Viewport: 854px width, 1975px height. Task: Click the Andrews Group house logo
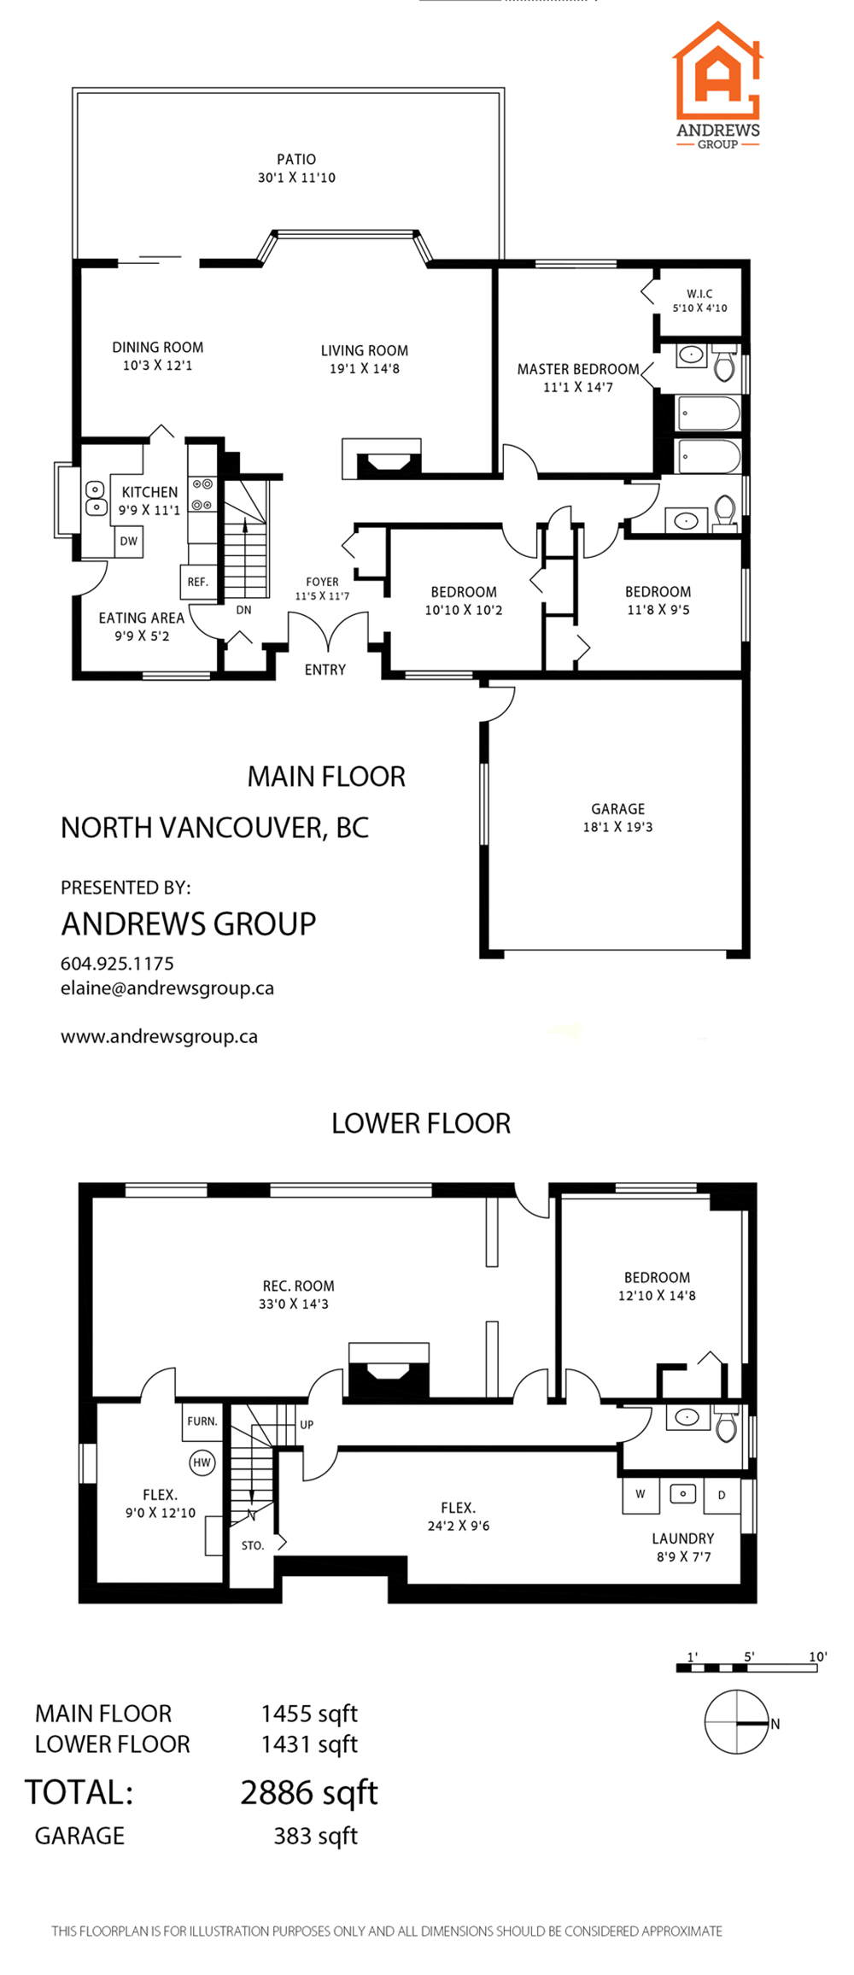717,72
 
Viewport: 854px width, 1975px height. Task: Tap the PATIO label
296,159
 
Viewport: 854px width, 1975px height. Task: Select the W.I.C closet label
699,294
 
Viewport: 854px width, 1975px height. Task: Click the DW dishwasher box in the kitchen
129,542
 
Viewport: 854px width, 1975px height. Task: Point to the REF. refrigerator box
197,582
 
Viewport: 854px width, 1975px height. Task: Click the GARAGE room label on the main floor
618,809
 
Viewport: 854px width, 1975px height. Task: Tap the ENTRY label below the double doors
325,670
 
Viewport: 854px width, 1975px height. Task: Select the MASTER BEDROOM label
578,369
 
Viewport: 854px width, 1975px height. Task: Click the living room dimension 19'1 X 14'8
365,369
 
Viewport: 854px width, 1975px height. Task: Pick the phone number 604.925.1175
117,964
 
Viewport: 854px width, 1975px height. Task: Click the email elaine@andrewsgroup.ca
167,988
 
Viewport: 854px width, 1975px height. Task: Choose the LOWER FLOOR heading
421,1123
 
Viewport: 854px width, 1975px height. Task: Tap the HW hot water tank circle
202,1462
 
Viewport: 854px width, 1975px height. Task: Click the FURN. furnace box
202,1421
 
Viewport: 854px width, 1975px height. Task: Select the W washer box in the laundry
640,1494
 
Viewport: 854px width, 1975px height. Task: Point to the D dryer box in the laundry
722,1495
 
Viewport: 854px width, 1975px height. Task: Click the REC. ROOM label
298,1286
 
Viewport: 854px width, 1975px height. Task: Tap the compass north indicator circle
736,1722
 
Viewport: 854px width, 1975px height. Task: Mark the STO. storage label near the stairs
253,1545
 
